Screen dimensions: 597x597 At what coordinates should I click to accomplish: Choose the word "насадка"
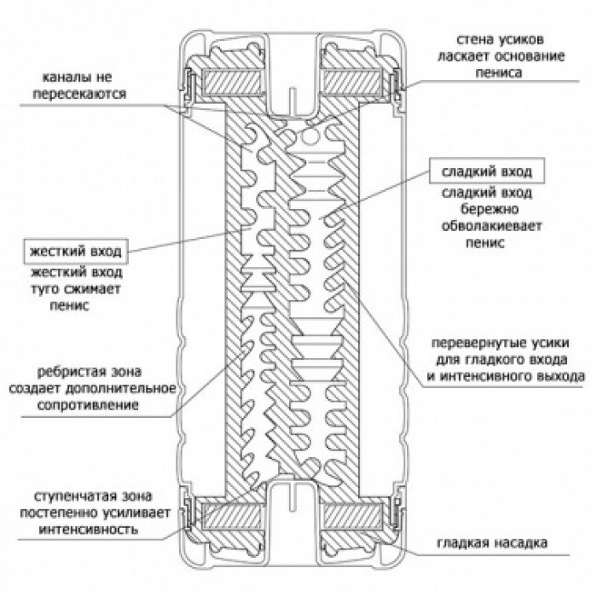tap(519, 543)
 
